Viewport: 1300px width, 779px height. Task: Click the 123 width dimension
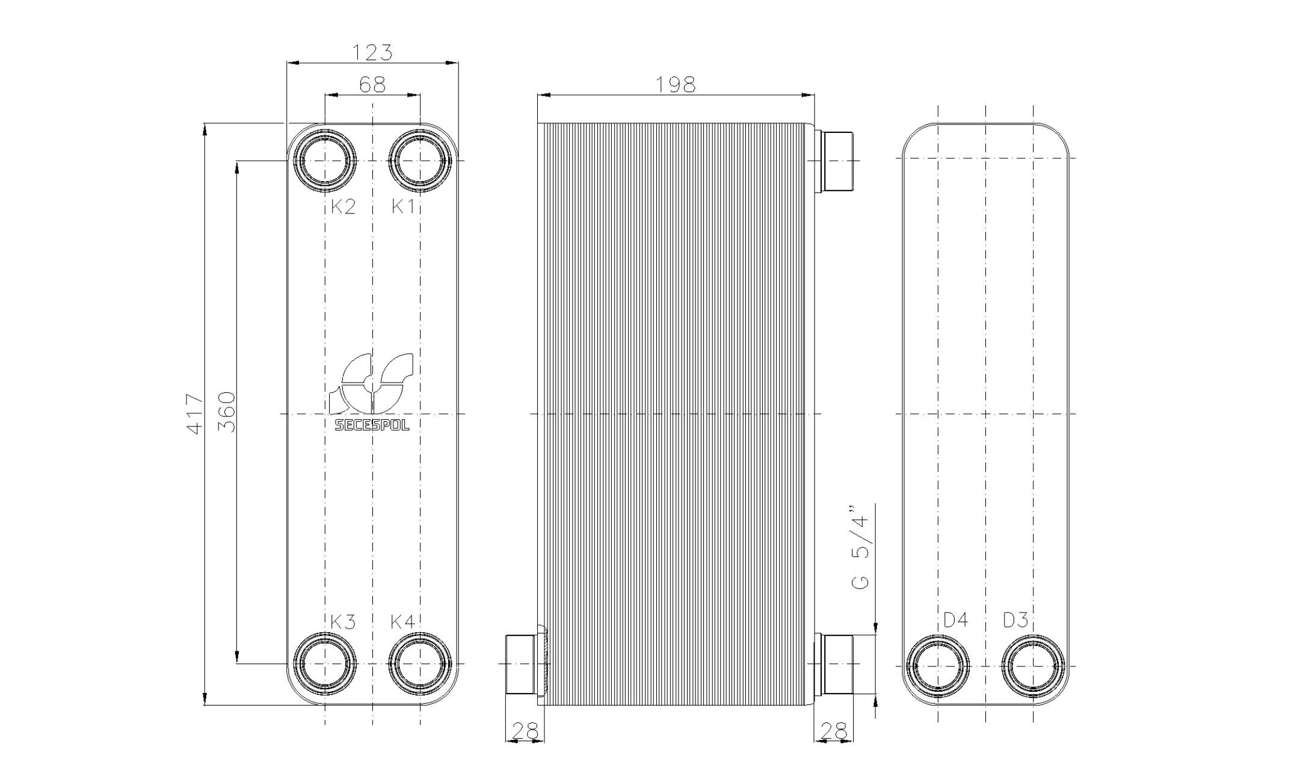372,53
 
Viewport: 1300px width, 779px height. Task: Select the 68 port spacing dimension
372,85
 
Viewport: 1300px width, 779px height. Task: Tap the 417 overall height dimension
195,414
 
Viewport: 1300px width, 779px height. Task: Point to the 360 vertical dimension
227,412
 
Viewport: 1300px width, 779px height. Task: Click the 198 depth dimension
675,85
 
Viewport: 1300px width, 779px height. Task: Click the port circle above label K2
325,160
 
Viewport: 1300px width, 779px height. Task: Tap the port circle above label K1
420,160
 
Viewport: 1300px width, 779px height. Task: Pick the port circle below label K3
325,663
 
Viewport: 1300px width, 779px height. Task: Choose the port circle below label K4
420,663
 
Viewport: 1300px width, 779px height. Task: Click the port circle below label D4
938,667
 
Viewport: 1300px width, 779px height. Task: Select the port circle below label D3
1033,667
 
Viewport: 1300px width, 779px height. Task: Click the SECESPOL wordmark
372,426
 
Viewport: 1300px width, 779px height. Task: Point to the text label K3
343,622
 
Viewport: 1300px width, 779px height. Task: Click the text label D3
1015,620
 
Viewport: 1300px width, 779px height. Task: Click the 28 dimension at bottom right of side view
833,731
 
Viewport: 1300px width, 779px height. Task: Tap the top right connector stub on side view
836,161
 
